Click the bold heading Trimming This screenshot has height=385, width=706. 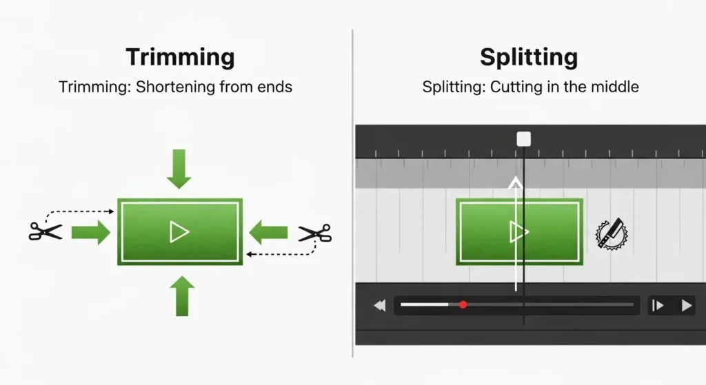180,57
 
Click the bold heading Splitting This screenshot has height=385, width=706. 529,57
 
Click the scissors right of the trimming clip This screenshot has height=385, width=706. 314,233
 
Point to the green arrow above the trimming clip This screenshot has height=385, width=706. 179,169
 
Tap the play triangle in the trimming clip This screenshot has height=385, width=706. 179,232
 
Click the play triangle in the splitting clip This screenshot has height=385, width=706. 518,232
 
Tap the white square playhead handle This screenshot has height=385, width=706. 524,139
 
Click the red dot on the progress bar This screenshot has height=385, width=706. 463,304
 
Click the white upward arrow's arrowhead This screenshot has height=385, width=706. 514,182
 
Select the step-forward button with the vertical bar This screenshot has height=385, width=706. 658,305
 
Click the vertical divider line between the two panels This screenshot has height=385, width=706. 352,193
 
